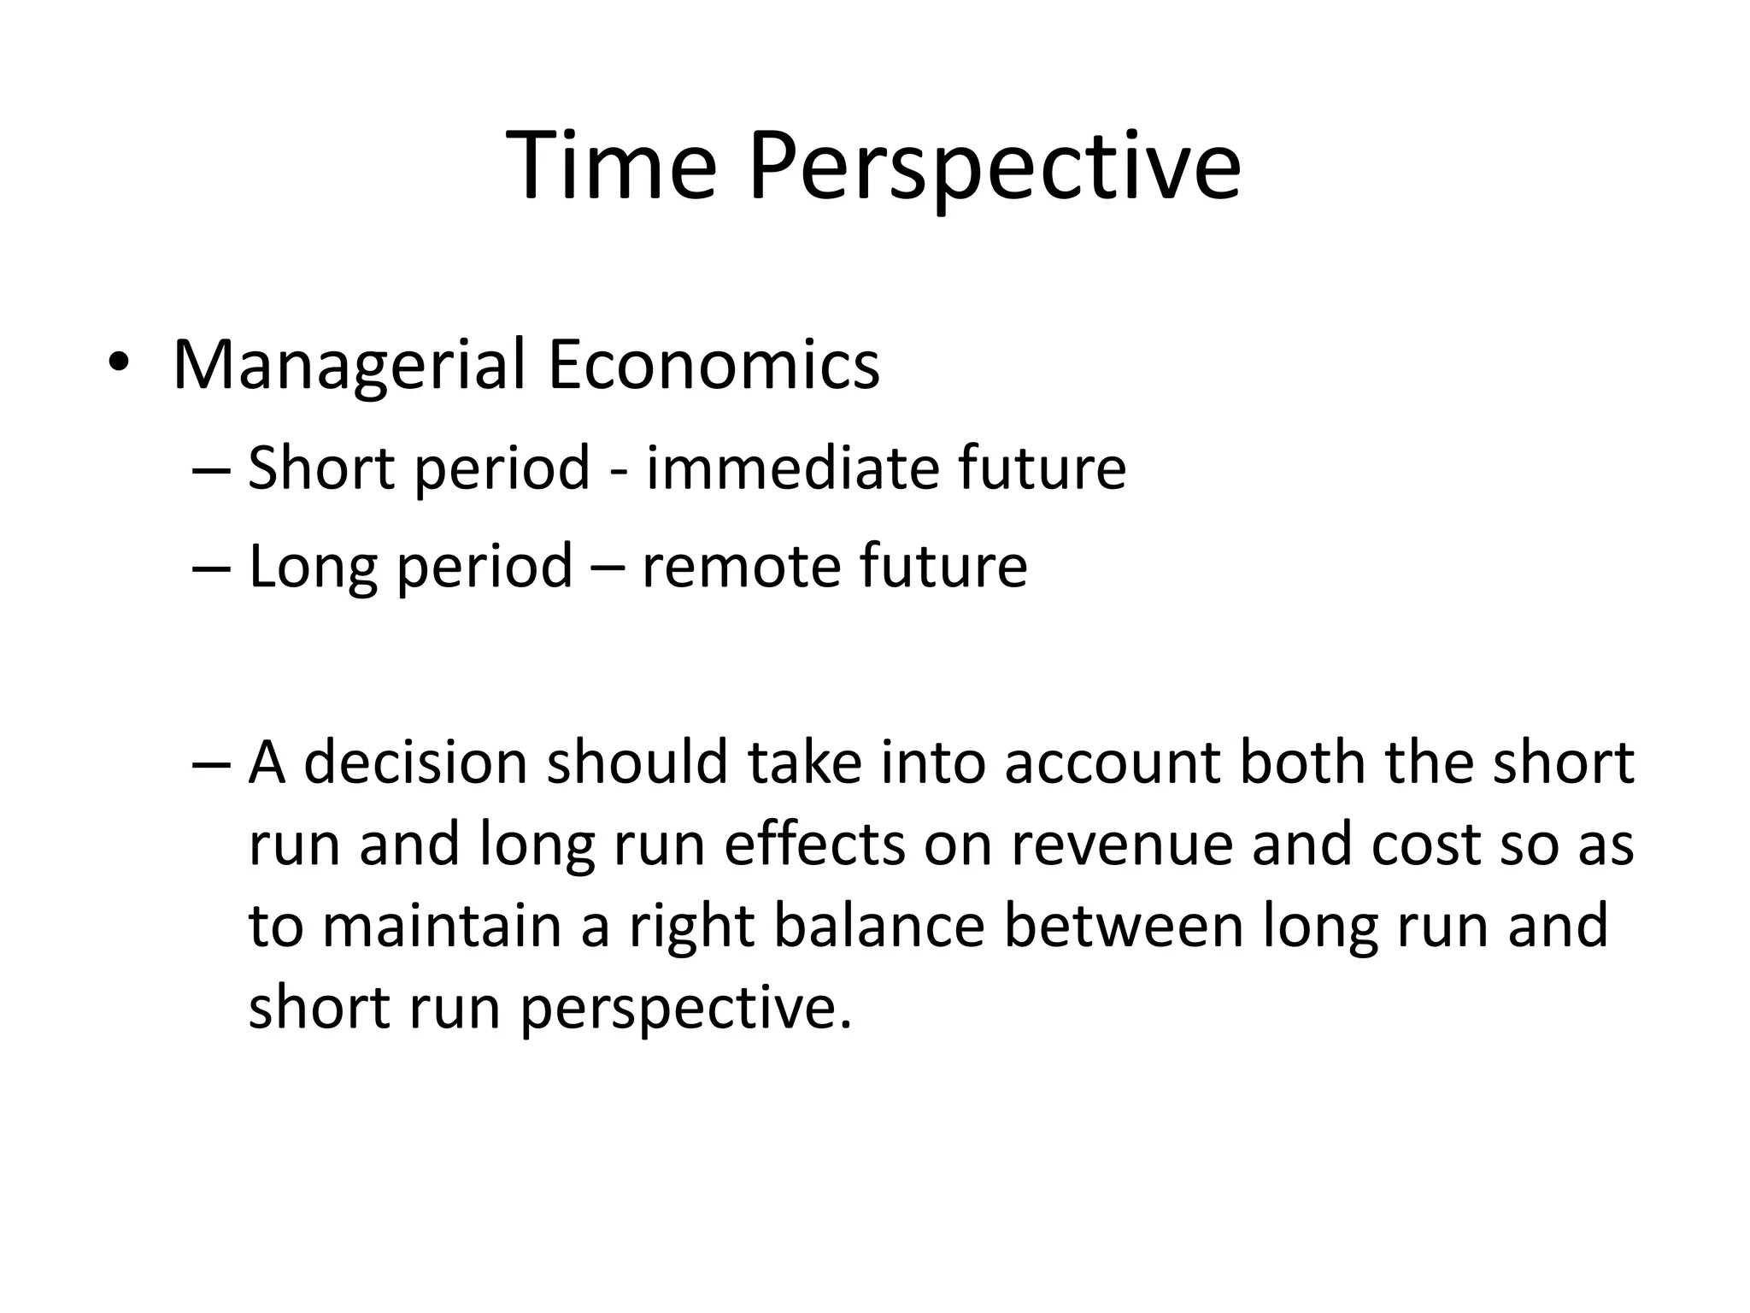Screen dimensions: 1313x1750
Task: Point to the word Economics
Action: coord(714,366)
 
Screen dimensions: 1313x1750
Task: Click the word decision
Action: coord(415,762)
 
